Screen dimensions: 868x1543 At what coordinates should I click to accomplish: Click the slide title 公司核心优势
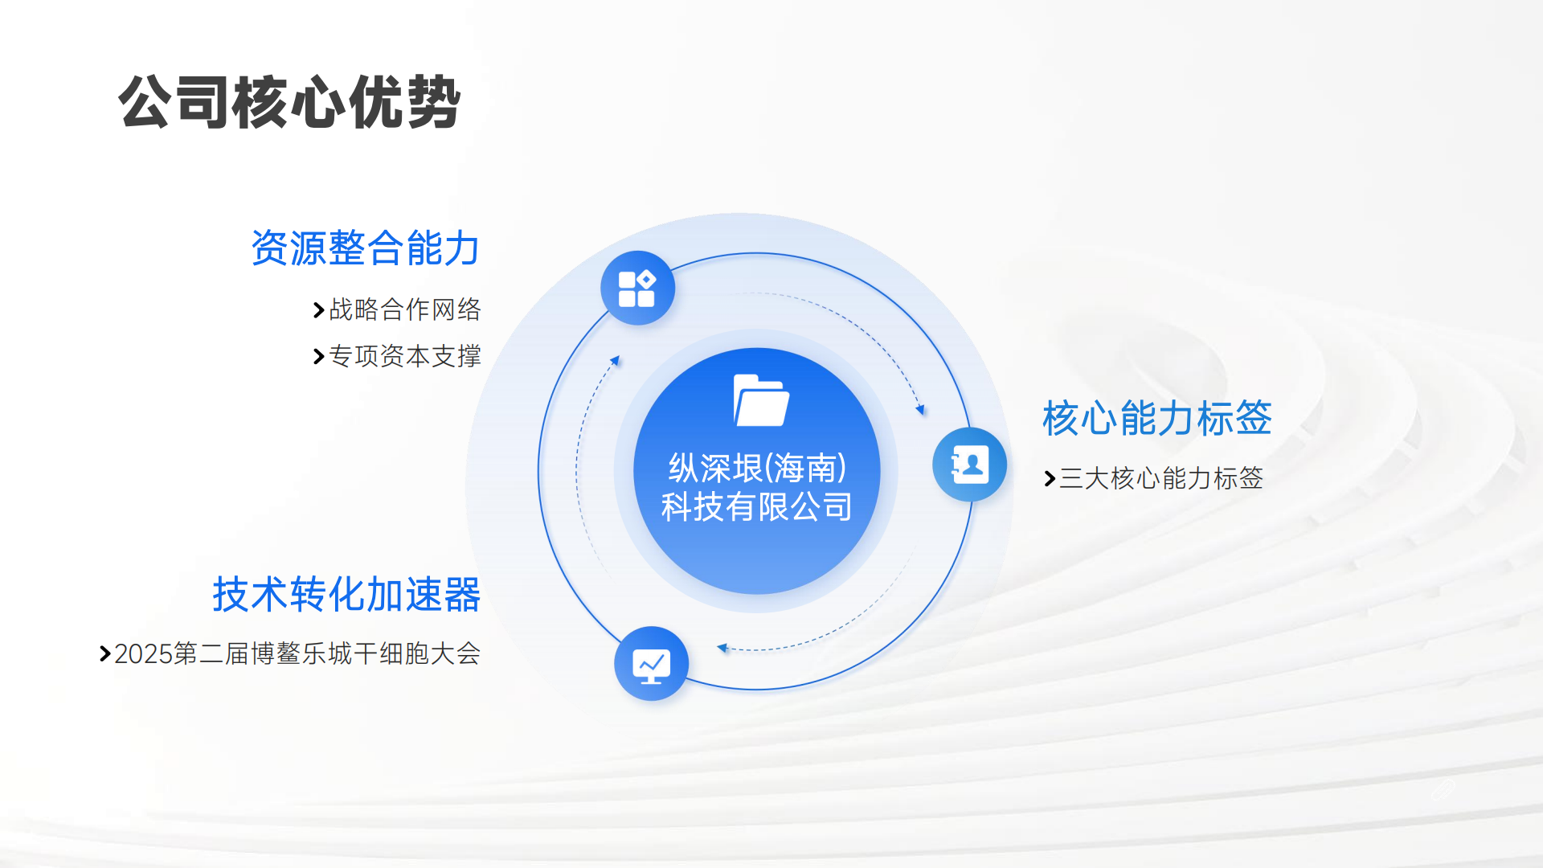point(289,102)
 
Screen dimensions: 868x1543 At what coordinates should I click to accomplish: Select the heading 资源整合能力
point(366,248)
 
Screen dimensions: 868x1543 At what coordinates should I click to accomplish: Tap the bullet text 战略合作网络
point(405,309)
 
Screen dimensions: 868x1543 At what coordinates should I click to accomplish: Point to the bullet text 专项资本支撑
point(405,356)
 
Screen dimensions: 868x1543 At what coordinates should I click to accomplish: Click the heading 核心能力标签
point(1156,418)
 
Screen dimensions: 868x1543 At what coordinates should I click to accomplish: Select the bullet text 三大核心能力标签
point(1161,478)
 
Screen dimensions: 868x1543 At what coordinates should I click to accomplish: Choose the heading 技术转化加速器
point(346,595)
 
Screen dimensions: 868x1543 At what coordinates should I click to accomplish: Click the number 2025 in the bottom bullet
point(144,654)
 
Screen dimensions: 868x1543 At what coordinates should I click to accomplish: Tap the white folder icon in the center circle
point(760,400)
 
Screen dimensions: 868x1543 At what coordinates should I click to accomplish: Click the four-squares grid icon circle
point(637,289)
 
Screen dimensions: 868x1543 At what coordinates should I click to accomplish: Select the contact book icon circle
point(969,465)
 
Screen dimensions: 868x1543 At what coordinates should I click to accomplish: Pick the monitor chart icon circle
point(651,664)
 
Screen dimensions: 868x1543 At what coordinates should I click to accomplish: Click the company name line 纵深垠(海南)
point(757,468)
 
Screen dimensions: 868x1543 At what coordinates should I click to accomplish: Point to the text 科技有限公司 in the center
point(757,507)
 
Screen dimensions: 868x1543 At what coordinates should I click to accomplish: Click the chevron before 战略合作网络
point(318,310)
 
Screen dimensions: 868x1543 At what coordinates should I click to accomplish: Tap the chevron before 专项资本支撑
point(318,357)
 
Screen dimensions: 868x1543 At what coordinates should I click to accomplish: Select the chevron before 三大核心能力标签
point(1049,479)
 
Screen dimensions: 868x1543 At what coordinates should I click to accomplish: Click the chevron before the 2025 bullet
point(104,654)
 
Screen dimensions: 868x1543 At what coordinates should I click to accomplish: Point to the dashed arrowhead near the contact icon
point(921,410)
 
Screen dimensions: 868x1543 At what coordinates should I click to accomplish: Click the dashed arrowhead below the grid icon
point(615,361)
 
